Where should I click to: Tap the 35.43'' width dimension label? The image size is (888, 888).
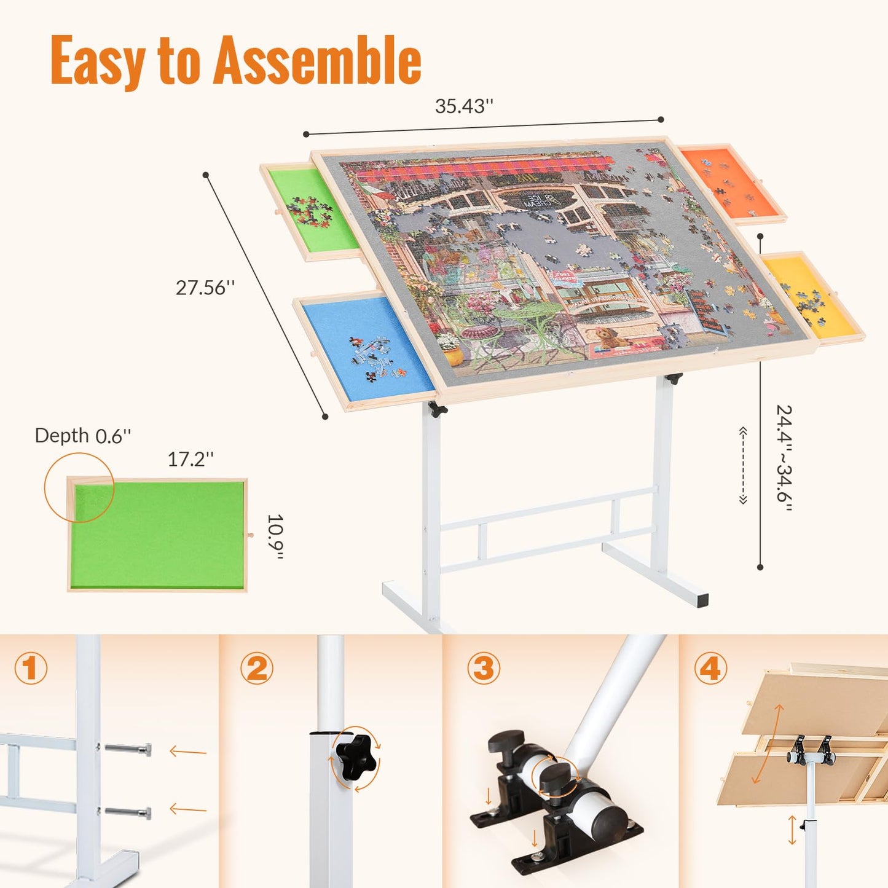click(464, 106)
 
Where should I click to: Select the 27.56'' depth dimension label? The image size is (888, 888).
click(205, 288)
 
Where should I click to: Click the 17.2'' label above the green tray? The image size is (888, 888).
click(191, 458)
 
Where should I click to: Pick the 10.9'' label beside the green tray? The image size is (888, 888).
click(275, 536)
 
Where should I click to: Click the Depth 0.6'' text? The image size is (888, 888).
click(82, 436)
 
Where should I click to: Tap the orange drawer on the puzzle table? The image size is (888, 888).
click(731, 183)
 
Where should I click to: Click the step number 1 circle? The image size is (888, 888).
click(31, 668)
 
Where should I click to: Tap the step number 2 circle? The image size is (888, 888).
click(257, 668)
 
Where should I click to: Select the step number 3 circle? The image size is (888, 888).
click(484, 668)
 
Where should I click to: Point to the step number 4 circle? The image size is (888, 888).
click(710, 668)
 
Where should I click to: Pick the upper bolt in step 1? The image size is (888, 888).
click(128, 750)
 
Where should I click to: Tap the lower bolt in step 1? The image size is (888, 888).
click(128, 812)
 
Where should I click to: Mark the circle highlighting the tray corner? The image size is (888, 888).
click(79, 487)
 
